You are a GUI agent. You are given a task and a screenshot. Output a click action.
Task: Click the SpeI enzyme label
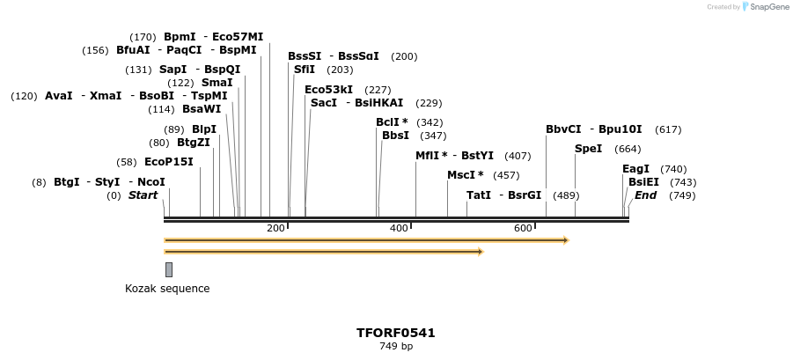[588, 149]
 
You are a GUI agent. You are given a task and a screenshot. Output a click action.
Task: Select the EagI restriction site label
[635, 169]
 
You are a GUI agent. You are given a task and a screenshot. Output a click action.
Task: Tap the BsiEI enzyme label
[643, 182]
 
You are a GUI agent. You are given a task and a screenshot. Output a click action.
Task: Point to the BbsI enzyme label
[395, 136]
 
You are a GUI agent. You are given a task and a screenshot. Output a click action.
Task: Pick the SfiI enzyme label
[305, 70]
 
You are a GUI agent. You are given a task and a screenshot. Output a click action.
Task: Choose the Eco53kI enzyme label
[328, 90]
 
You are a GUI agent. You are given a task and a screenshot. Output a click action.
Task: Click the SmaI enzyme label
[217, 83]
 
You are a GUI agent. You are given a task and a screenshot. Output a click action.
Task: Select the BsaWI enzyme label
[202, 109]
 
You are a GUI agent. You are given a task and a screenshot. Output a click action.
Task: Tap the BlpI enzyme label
[204, 129]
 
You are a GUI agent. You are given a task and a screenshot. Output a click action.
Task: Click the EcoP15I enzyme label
[168, 162]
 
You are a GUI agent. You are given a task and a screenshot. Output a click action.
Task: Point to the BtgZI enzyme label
[194, 143]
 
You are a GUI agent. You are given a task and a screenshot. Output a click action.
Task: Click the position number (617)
[668, 129]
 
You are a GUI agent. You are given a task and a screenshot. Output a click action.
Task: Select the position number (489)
[566, 195]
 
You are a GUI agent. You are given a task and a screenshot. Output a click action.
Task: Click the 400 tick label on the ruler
[399, 228]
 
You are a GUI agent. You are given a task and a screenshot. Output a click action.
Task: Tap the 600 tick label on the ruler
[523, 228]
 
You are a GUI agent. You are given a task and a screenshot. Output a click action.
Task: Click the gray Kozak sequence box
[169, 269]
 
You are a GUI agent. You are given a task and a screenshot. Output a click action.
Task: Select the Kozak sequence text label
[167, 289]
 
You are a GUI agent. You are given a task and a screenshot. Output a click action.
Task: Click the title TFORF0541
[395, 333]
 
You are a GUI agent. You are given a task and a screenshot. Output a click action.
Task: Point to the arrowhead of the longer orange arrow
[566, 240]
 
